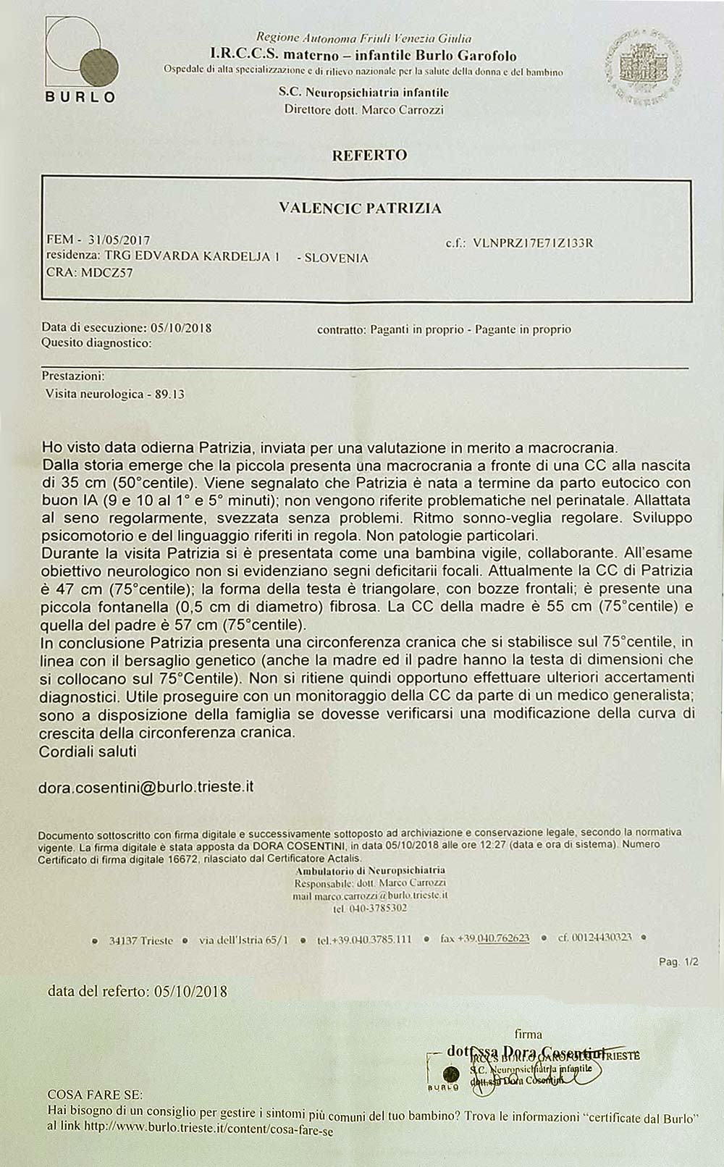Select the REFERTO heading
point(369,155)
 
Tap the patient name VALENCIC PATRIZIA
point(360,208)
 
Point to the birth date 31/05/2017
point(119,240)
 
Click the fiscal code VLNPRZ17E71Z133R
point(533,243)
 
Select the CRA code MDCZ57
point(107,273)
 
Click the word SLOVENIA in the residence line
point(337,258)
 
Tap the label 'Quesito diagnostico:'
point(96,343)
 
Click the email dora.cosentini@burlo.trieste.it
point(146,787)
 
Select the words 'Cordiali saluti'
point(88,751)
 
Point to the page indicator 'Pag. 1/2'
point(678,962)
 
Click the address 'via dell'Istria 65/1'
point(243,940)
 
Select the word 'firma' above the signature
point(528,1035)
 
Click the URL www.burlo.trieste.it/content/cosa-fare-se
point(209,1127)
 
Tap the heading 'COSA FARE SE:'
point(95,1095)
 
